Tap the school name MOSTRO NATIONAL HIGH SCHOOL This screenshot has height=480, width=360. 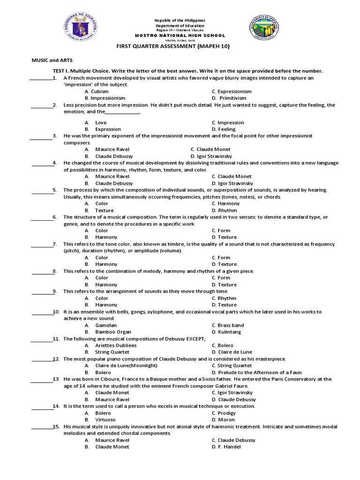coord(187,36)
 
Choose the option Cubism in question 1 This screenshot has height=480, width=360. coord(99,91)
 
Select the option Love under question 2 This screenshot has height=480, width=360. coord(101,122)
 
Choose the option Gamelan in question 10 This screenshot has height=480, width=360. coord(106,325)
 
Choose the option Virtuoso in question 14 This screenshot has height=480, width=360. coord(105,420)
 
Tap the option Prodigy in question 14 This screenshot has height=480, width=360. coord(227,413)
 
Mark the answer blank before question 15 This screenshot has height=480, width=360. coord(41,428)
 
